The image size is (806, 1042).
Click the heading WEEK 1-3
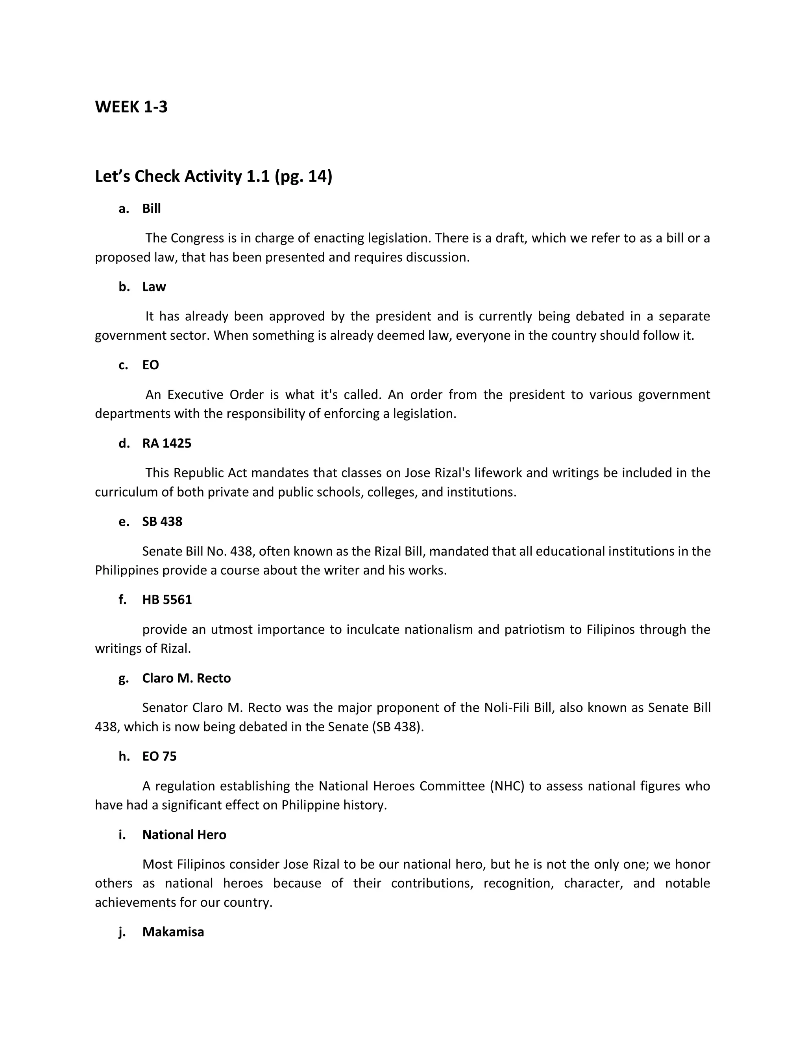click(x=131, y=107)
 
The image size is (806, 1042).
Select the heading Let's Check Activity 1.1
click(x=213, y=177)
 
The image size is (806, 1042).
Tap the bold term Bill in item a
click(x=152, y=209)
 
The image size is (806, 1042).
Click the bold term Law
click(x=154, y=287)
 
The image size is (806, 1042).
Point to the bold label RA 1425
click(x=166, y=444)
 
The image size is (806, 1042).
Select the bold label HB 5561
click(x=166, y=600)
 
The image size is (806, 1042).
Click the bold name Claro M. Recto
click(x=186, y=678)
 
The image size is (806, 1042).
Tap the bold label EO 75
click(x=159, y=756)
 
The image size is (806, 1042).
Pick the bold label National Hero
click(x=184, y=834)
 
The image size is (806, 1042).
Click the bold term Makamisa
click(x=173, y=932)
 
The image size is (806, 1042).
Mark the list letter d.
click(x=124, y=444)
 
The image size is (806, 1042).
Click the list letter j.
click(x=122, y=932)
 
